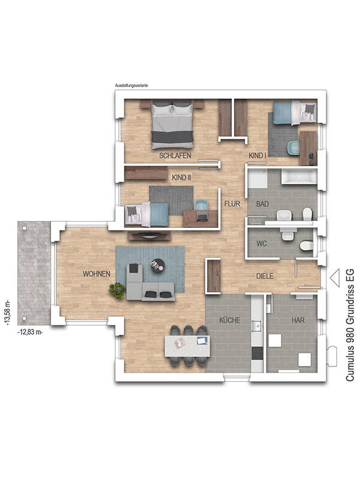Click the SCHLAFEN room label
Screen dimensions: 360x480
(175, 155)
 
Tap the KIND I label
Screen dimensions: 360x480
(257, 155)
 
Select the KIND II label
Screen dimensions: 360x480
(182, 178)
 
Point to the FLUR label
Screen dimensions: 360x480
(232, 203)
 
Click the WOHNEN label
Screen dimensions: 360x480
(97, 274)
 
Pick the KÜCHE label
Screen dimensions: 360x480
(230, 320)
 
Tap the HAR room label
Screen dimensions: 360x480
(298, 320)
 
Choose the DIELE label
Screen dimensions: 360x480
(265, 276)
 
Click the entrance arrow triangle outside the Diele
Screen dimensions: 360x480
(335, 278)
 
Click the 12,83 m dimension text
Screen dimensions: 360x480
(30, 332)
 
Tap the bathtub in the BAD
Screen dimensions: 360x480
(299, 177)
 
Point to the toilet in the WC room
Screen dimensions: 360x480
(307, 245)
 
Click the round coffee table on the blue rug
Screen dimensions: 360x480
(157, 265)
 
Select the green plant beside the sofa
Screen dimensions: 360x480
(117, 290)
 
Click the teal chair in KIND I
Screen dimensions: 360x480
(294, 148)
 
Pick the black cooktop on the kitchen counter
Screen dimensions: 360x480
(257, 353)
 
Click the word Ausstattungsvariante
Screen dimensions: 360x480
(131, 86)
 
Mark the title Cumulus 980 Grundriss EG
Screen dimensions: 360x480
(350, 325)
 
